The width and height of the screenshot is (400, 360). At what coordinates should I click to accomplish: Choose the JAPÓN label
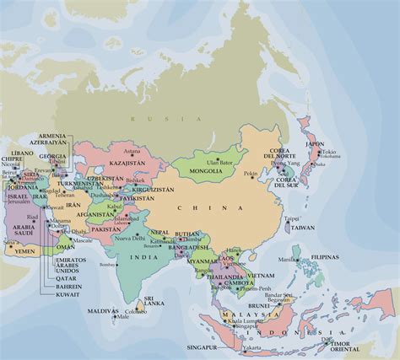click(x=314, y=143)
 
